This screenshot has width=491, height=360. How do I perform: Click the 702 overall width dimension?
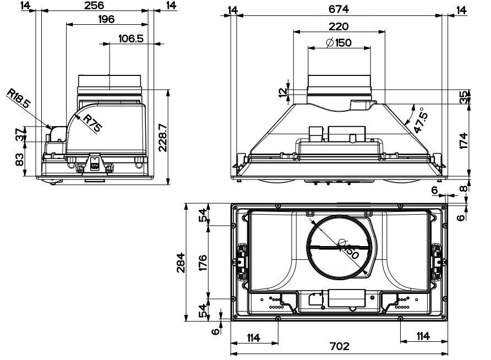pos(340,346)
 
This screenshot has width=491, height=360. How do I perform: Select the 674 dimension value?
pos(339,9)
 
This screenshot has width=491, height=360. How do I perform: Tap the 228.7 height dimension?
pos(162,137)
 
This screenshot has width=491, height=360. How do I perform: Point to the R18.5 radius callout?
pos(19,99)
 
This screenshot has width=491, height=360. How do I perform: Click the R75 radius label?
pos(92,123)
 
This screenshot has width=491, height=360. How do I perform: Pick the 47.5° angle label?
pos(421,120)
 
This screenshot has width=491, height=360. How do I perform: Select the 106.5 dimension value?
pos(131,39)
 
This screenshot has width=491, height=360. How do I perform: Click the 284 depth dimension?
pos(181,263)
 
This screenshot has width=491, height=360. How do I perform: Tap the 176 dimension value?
pos(203,263)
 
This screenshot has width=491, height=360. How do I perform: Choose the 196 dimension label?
pos(106,19)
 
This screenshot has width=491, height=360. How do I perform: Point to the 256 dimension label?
pos(94,6)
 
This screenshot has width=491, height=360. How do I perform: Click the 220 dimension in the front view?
pos(339,26)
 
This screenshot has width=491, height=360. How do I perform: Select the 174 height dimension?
pos(464,140)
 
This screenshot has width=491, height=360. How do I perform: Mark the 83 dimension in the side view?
pos(20,160)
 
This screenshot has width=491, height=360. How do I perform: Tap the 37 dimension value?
pos(20,134)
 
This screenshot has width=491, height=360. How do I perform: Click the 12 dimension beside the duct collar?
pos(283,92)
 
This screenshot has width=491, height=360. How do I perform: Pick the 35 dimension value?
pos(464,97)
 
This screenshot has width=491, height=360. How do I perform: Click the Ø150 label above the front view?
pos(339,42)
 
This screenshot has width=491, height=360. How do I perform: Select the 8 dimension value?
pos(464,188)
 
